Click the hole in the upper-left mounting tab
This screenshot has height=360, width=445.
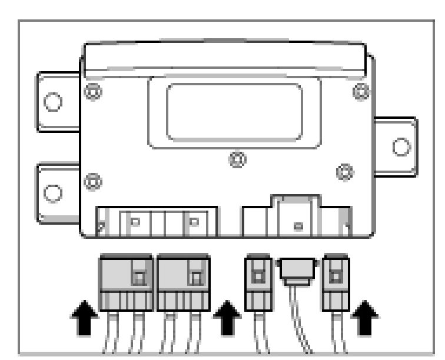tap(53, 101)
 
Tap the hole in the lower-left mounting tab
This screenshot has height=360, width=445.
tap(53, 192)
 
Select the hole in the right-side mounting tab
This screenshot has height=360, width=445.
tap(401, 146)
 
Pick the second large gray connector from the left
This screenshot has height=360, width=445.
tap(183, 282)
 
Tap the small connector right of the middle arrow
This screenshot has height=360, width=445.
tap(257, 282)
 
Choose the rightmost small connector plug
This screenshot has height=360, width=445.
tap(336, 282)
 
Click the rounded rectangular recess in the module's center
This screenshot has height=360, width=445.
tap(234, 112)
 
